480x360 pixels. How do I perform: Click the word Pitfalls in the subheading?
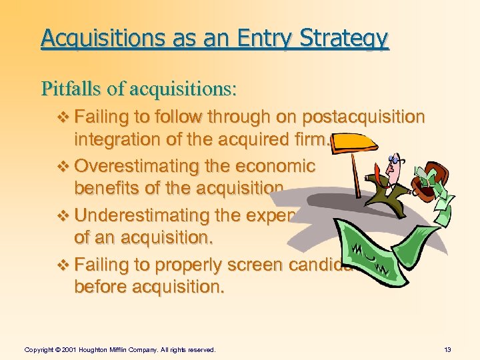69,87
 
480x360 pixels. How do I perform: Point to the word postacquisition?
363,117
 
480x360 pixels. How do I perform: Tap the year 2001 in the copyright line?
69,349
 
